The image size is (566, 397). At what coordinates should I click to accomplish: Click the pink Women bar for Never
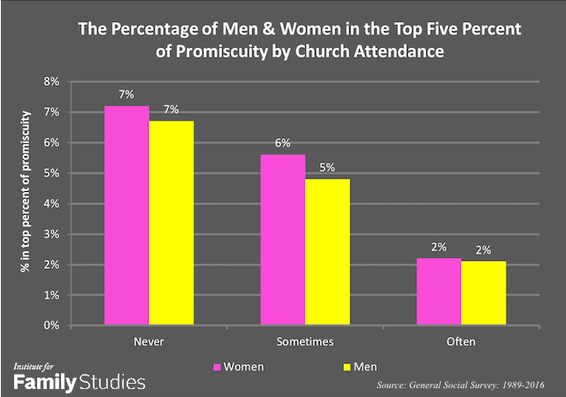tap(127, 216)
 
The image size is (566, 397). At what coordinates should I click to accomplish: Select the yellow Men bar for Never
tap(172, 223)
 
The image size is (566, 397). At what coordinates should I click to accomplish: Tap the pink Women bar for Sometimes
tap(283, 240)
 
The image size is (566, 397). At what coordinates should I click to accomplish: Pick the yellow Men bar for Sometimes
tap(327, 252)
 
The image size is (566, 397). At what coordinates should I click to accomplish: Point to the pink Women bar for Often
tap(440, 292)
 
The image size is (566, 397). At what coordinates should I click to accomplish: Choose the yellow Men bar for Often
tap(483, 294)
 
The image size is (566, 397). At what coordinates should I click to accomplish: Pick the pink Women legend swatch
tap(218, 364)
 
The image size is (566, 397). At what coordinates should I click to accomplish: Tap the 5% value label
tap(327, 170)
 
